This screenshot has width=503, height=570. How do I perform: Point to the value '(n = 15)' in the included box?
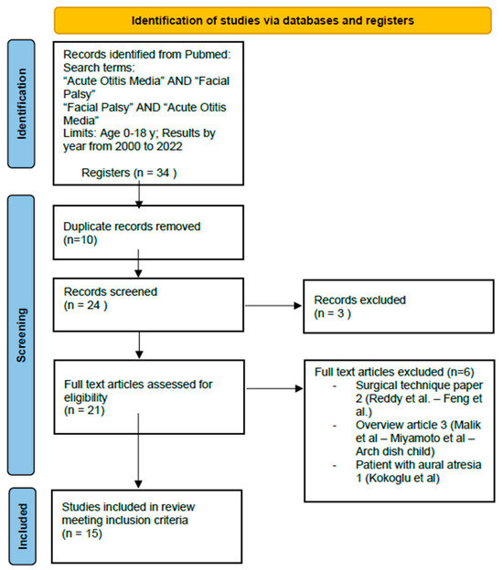[83, 533]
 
